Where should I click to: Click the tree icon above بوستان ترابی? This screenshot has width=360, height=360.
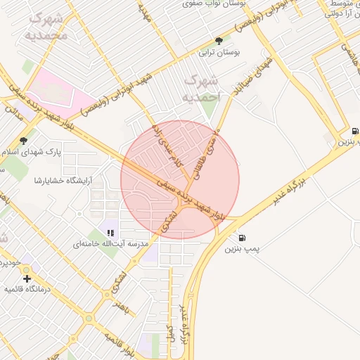(x=219, y=41)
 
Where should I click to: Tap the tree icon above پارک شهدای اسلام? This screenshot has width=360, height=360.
(x=23, y=140)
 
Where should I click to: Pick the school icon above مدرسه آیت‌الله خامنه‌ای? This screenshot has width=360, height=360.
(x=110, y=232)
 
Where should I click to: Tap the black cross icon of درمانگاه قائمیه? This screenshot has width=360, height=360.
(x=27, y=278)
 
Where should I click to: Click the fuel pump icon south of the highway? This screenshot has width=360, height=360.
(x=243, y=238)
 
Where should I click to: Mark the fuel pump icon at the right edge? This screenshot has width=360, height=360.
(x=354, y=131)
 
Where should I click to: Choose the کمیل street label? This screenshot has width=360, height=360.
(x=169, y=331)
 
